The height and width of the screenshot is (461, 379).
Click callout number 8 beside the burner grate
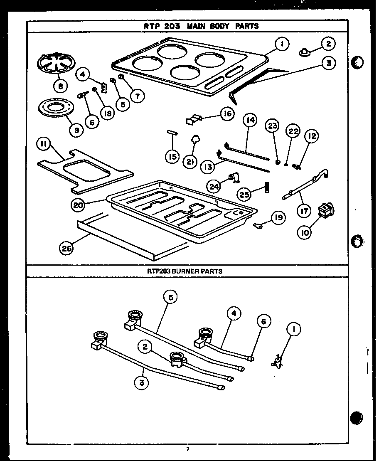[61, 86]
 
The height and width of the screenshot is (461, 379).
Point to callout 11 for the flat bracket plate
[44, 145]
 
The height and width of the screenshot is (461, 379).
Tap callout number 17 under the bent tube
[305, 211]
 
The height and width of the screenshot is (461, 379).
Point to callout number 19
[278, 218]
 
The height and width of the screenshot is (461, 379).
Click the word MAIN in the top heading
[197, 26]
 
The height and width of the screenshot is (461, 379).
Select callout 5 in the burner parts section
[171, 297]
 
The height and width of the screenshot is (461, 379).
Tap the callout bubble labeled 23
[273, 126]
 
